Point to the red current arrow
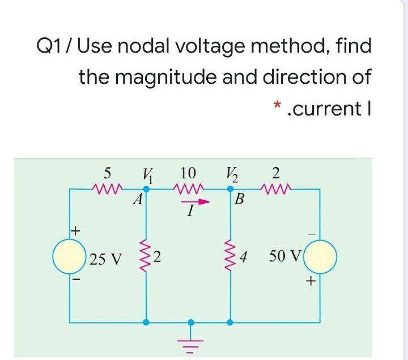click(190, 200)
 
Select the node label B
click(240, 200)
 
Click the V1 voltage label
click(147, 173)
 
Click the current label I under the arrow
click(191, 212)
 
